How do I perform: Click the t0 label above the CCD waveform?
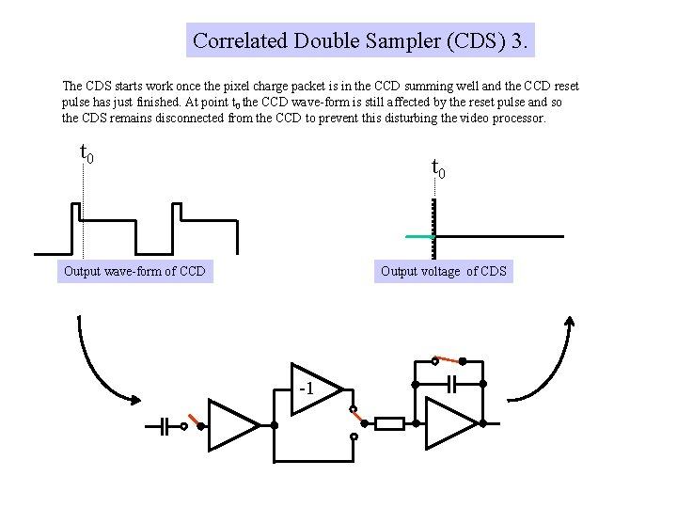tap(86, 152)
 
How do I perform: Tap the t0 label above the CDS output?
tap(438, 169)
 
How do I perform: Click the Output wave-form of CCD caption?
tap(134, 272)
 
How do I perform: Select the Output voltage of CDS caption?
tap(444, 272)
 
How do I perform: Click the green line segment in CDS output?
tap(419, 236)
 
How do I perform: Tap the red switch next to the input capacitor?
tap(193, 420)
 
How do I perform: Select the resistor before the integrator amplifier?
tap(389, 424)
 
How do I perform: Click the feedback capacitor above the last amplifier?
tap(452, 384)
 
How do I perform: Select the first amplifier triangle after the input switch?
tap(230, 425)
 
